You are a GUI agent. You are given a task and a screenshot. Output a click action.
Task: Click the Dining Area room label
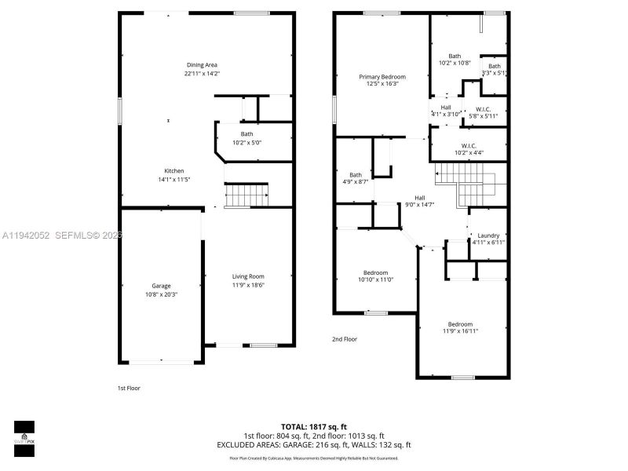point(202,64)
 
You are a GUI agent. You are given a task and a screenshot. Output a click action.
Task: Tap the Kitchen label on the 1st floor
point(173,170)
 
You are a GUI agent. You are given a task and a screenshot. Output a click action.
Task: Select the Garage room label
point(161,286)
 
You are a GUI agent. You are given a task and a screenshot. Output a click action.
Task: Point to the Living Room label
point(247,276)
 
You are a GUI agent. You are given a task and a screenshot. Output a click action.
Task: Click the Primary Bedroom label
point(379,77)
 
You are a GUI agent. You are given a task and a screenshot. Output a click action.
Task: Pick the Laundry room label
point(488,235)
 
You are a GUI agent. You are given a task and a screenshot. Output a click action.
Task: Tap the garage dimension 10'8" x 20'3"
point(161,294)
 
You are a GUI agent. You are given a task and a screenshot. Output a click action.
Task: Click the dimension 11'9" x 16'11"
point(461,331)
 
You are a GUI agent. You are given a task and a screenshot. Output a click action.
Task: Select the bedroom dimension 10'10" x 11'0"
point(375,279)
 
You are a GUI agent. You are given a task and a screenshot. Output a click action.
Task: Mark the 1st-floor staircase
point(246,194)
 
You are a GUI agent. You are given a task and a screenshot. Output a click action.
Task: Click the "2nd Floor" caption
point(344,339)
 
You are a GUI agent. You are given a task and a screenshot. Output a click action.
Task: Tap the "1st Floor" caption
point(128,388)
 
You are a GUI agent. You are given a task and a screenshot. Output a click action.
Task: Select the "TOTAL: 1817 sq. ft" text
point(313,426)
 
